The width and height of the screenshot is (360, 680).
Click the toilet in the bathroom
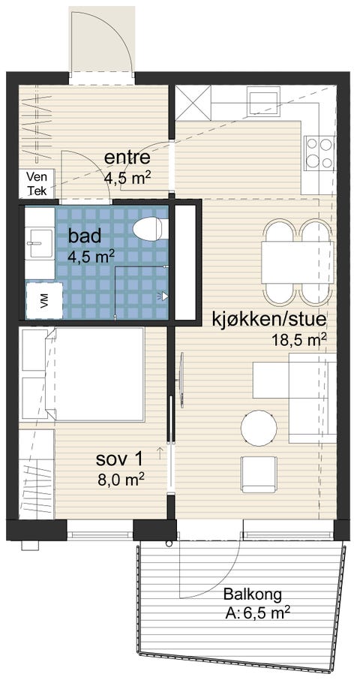coord(150,229)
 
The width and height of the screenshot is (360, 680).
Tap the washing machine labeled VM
coord(44,300)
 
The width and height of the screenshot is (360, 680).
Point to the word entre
coord(127,158)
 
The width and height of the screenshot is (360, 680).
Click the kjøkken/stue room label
coord(268,320)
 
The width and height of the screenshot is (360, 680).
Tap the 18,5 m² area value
coord(299,339)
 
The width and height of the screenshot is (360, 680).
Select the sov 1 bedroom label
coord(119,459)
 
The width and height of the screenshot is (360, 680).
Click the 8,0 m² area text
coord(121,479)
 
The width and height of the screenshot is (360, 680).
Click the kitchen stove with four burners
coord(319,152)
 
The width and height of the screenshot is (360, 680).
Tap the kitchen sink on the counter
coord(263,101)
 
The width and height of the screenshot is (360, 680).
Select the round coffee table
coord(259,428)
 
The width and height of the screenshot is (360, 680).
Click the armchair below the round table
coord(259,474)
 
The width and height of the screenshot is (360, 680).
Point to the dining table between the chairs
coord(298,263)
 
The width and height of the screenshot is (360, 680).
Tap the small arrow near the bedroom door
coord(160,453)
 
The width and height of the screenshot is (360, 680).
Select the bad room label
coord(85,236)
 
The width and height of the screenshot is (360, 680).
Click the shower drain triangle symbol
coord(163,296)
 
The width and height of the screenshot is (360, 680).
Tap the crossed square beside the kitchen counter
coord(193,104)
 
